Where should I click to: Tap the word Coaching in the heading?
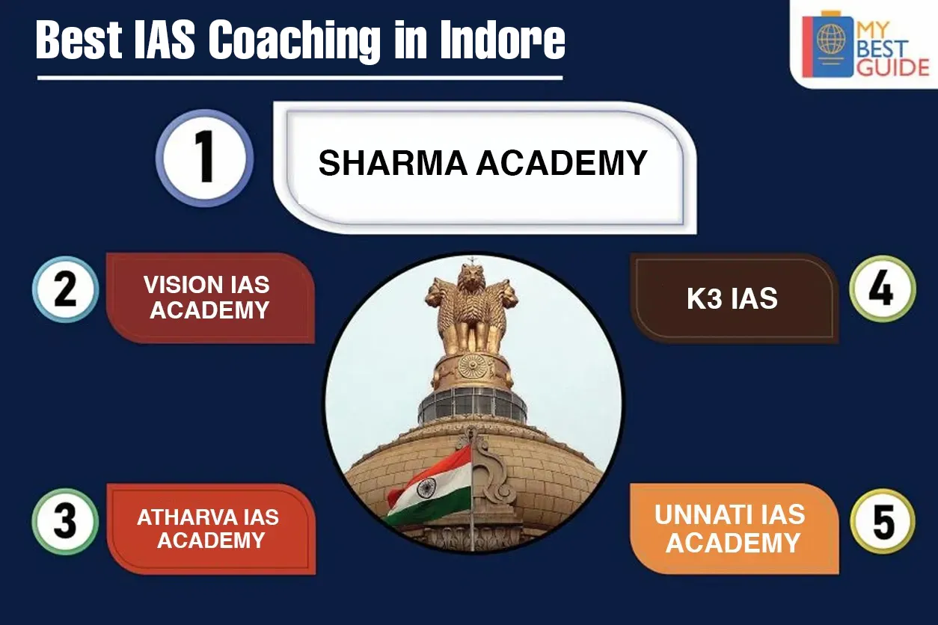(295, 42)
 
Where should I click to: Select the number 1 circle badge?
(204, 158)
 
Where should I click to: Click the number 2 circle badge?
(65, 289)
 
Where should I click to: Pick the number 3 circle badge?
(65, 522)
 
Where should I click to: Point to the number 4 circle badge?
(883, 289)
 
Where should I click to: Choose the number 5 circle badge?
(883, 522)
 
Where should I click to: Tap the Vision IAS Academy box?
(210, 298)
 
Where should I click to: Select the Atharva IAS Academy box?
(211, 529)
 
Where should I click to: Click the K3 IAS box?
(735, 298)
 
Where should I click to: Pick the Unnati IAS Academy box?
(735, 529)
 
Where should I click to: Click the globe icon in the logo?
(831, 39)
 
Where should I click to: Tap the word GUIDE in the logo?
(893, 67)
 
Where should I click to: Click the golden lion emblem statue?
(472, 310)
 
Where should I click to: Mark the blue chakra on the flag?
(426, 487)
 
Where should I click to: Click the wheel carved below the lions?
(472, 366)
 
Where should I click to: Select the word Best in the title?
(79, 40)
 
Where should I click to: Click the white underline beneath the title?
(300, 78)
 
